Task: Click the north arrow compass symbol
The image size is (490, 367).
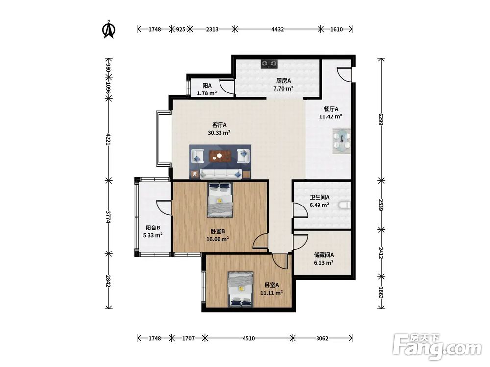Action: pyautogui.click(x=109, y=29)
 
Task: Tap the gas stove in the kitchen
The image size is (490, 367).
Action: pyautogui.click(x=269, y=64)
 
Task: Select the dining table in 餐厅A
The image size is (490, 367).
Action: pyautogui.click(x=342, y=140)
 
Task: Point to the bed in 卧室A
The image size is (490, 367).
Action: pyautogui.click(x=241, y=289)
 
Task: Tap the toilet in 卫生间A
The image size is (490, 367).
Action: pyautogui.click(x=344, y=205)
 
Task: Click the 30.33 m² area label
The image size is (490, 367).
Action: pyautogui.click(x=219, y=132)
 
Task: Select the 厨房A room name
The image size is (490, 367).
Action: pyautogui.click(x=283, y=81)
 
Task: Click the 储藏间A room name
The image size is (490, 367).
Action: pyautogui.click(x=324, y=255)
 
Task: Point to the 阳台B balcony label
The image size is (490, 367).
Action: pyautogui.click(x=153, y=228)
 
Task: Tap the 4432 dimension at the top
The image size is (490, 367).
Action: pyautogui.click(x=277, y=29)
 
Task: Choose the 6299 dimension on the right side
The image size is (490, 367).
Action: pyautogui.click(x=381, y=119)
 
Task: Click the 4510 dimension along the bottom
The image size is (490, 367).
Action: pyautogui.click(x=249, y=338)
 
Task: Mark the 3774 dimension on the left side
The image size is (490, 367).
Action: pyautogui.click(x=108, y=217)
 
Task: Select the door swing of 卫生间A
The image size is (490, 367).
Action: pyautogui.click(x=299, y=210)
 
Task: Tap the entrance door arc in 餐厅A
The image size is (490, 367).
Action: pyautogui.click(x=344, y=74)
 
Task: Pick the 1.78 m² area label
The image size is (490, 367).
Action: pyautogui.click(x=207, y=93)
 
